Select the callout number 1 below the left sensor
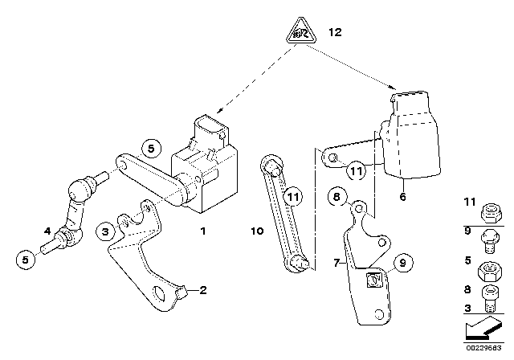(203, 232)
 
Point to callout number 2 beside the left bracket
(202, 290)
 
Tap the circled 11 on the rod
(293, 197)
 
